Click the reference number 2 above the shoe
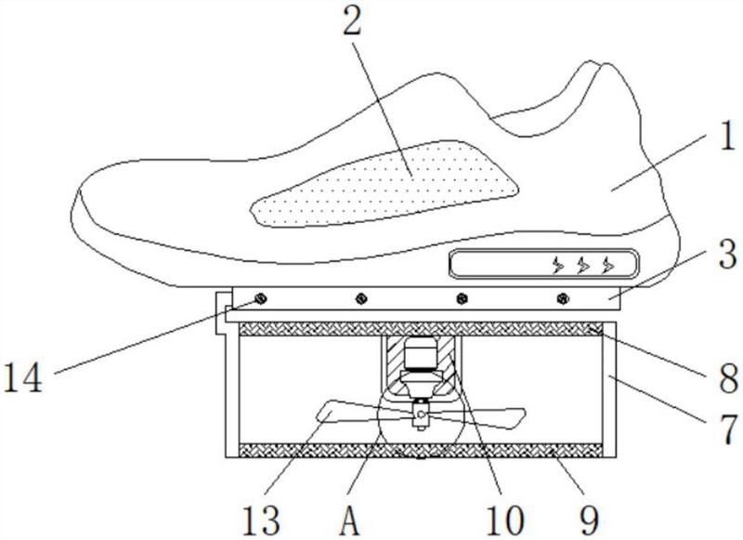tap(353, 21)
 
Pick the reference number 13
tap(261, 520)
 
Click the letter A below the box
tap(349, 520)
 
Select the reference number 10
tap(505, 520)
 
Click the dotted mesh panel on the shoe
tap(384, 184)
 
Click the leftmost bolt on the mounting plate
tap(260, 299)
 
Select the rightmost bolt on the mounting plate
tap(563, 299)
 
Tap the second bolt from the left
tap(361, 299)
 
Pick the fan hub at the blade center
tap(420, 415)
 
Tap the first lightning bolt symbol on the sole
tap(559, 266)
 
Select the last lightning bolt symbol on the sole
tap(608, 266)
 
